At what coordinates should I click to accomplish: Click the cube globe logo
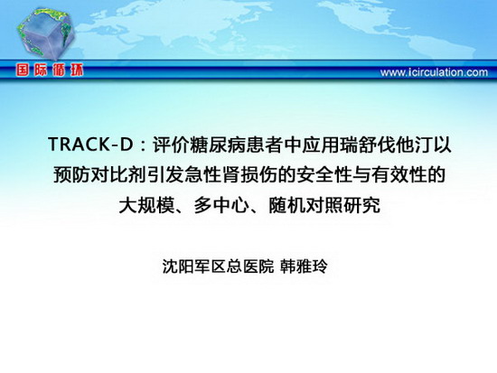tap(46, 33)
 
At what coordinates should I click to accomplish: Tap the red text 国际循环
tap(50, 70)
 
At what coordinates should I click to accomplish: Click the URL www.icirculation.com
tap(434, 72)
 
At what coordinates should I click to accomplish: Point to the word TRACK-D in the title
tap(91, 145)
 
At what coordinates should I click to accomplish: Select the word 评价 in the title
tap(172, 145)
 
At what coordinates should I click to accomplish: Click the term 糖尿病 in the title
tap(218, 145)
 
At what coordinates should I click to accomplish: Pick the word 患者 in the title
tap(265, 145)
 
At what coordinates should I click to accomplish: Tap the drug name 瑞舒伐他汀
tap(385, 145)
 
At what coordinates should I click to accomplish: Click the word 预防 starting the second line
tap(71, 175)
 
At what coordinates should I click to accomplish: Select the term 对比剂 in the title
tap(118, 175)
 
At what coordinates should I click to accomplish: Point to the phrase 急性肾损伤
tap(230, 175)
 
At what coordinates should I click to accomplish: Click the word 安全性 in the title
tap(323, 175)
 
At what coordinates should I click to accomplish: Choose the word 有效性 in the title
tap(398, 175)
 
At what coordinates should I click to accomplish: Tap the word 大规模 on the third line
tap(146, 205)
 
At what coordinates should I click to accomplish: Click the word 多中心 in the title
tap(220, 205)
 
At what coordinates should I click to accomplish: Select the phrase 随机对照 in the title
tap(305, 205)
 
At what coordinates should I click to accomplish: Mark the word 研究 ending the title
tap(361, 205)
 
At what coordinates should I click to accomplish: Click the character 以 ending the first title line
tap(441, 145)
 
